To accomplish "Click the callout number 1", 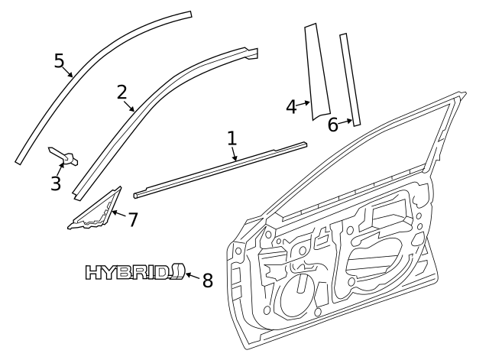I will coord(232,138).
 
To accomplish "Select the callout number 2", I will coord(121,92).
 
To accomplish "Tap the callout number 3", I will coord(56,183).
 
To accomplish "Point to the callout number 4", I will coord(291,106).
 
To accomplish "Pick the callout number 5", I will coord(60,60).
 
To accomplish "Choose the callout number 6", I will coord(332,125).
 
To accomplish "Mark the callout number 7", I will coord(133,220).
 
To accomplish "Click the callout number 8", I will coord(207,280).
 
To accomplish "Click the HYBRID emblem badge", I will coord(134,272).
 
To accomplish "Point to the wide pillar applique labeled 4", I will coord(317,73).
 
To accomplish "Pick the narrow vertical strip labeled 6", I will coord(349,76).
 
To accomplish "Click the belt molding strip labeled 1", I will coord(222,168).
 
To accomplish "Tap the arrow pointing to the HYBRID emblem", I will coord(192,276).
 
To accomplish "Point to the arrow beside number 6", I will coord(347,121).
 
